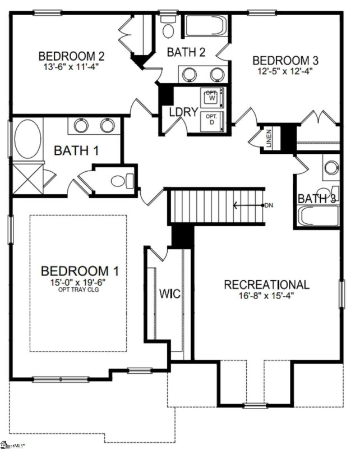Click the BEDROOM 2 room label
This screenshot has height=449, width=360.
click(x=71, y=56)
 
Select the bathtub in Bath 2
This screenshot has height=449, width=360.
click(x=206, y=26)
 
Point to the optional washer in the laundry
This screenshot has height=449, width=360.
click(x=211, y=97)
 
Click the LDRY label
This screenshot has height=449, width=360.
click(x=183, y=112)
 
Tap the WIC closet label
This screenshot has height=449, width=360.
click(x=169, y=294)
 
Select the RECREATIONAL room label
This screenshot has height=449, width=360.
click(x=266, y=285)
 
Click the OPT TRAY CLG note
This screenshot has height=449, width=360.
click(x=80, y=290)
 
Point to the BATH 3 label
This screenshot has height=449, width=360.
click(x=317, y=199)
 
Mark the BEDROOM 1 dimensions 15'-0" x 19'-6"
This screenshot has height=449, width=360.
click(x=80, y=282)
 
